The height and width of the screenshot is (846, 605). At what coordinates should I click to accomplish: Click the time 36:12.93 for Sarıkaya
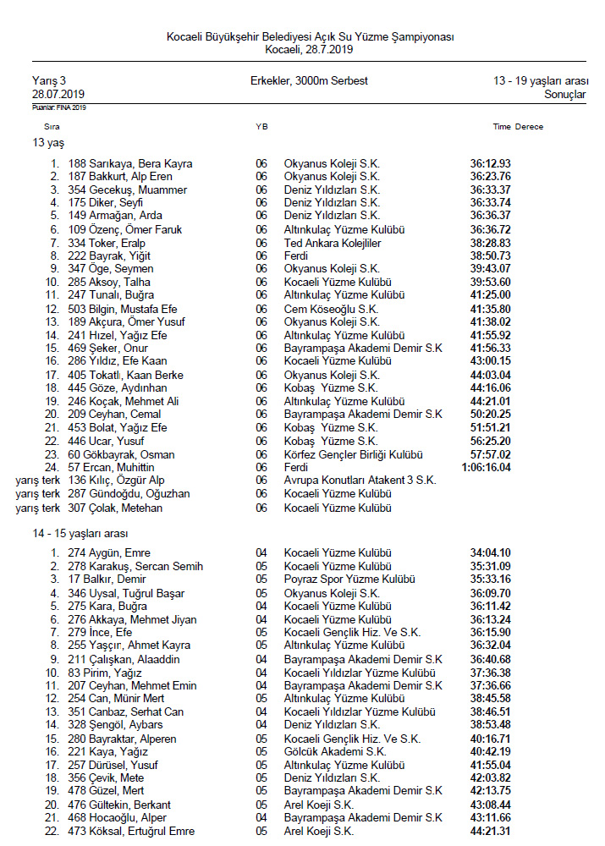tap(490, 163)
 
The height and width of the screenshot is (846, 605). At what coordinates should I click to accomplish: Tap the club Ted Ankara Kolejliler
tap(333, 243)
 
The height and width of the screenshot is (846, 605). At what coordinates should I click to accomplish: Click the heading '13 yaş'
tap(47, 143)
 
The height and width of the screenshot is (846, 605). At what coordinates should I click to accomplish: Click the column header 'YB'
tap(261, 127)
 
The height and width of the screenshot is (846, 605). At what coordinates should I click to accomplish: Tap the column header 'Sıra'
tap(52, 127)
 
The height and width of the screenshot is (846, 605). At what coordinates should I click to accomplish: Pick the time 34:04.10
tap(490, 553)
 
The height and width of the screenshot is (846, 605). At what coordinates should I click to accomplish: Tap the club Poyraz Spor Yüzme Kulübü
tap(349, 580)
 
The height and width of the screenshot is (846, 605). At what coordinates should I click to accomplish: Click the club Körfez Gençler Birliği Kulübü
tap(353, 454)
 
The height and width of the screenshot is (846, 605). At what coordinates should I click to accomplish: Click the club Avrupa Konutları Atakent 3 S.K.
tap(360, 481)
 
